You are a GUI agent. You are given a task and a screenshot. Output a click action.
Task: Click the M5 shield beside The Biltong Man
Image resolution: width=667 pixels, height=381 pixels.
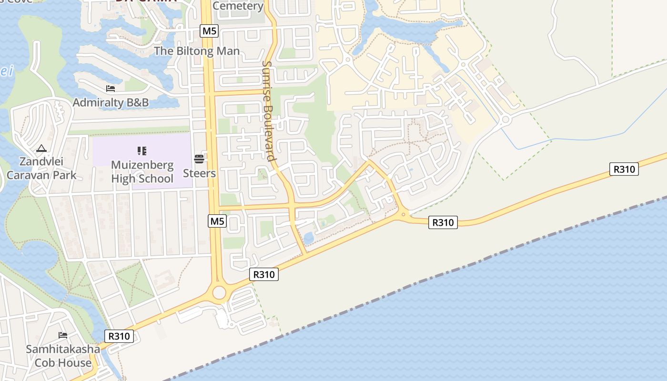(209, 31)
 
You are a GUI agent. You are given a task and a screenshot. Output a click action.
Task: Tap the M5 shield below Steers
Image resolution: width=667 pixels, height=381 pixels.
(217, 221)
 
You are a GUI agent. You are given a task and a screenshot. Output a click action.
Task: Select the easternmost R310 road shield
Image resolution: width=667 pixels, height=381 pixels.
(624, 169)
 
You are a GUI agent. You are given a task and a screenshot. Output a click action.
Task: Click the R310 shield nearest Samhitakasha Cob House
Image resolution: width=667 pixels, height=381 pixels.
(119, 336)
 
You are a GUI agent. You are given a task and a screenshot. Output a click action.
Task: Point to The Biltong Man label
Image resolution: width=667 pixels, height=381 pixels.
(197, 51)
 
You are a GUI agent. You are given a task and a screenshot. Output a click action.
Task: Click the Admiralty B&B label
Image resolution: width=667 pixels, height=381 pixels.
(111, 102)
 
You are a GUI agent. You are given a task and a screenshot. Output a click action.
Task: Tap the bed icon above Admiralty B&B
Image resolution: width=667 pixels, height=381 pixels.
(111, 89)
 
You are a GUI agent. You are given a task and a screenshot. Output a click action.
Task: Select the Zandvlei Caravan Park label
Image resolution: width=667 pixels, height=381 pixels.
(41, 168)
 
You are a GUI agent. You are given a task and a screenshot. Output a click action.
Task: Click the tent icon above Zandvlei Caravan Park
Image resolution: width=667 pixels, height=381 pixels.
(41, 149)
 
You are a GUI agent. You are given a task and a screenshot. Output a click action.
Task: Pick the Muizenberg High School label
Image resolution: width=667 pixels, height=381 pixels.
(142, 172)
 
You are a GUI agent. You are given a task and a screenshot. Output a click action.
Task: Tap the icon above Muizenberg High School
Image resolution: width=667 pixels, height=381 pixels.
(141, 151)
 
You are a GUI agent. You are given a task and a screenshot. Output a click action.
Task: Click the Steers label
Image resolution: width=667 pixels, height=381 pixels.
(199, 173)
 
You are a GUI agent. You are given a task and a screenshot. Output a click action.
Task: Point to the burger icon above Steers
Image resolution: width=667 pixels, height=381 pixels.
(199, 159)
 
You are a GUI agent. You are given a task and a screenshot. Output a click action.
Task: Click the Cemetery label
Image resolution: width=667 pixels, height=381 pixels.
(238, 6)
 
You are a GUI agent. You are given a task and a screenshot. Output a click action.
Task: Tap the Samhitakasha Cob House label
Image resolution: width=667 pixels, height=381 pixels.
(63, 356)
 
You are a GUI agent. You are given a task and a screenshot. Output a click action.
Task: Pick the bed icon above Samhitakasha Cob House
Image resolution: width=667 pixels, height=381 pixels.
(63, 335)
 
